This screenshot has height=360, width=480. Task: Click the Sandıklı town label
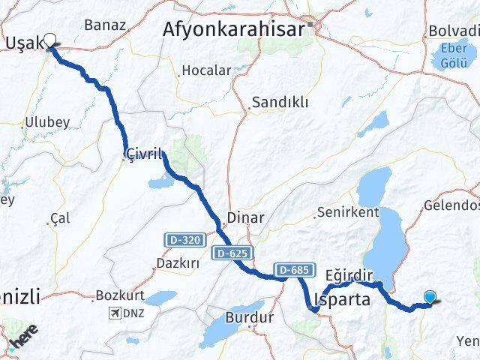click(280, 103)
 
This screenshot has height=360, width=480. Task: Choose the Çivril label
click(145, 154)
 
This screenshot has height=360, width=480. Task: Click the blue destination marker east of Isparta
click(430, 297)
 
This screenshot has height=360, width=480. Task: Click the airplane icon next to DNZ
click(114, 313)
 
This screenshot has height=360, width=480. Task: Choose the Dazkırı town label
click(177, 263)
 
